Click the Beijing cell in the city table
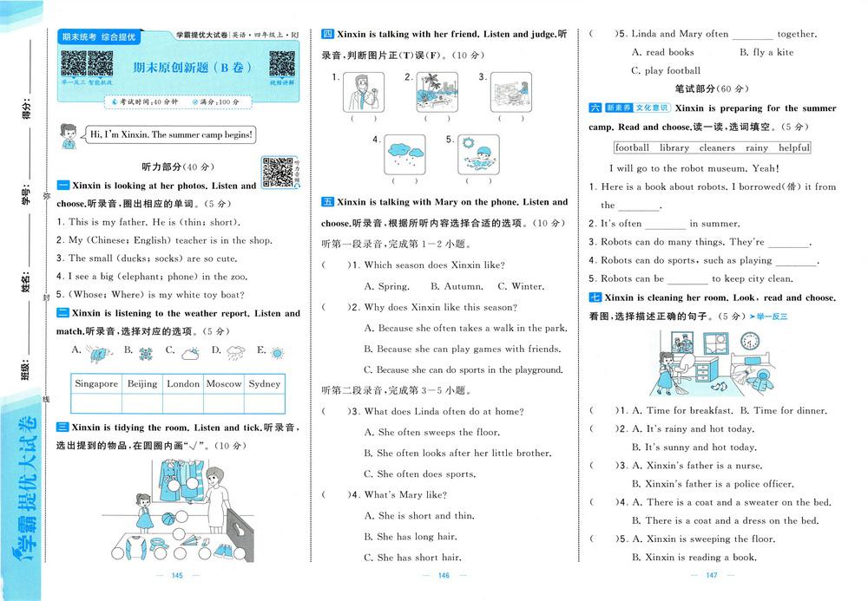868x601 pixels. (141, 383)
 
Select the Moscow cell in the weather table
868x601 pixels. (224, 383)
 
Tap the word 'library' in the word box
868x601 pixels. (674, 148)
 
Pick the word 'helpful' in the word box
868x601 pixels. (793, 148)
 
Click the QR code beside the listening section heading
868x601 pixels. (277, 171)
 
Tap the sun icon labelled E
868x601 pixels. (277, 352)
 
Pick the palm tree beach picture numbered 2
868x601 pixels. (431, 90)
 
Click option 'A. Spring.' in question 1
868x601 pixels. (386, 286)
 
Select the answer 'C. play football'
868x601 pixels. (666, 71)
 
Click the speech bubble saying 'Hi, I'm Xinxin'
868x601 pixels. (171, 134)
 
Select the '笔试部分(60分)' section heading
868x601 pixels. (712, 88)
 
